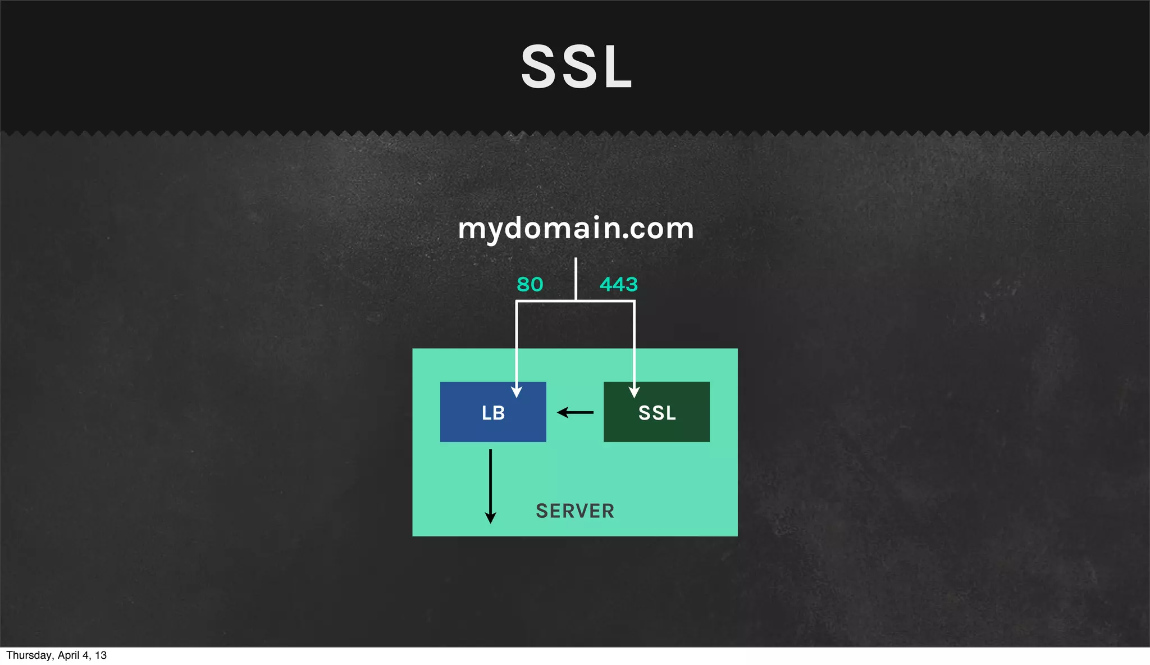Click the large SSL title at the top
(x=577, y=67)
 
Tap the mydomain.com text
(x=576, y=229)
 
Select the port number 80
(x=530, y=285)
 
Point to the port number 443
(x=618, y=285)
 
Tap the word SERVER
(x=575, y=511)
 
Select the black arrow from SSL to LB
(x=575, y=413)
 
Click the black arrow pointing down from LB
(x=490, y=483)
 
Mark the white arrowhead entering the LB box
(x=517, y=391)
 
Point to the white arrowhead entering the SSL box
(x=634, y=391)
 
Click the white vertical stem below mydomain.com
(x=576, y=278)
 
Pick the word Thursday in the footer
(x=28, y=655)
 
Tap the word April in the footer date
(x=69, y=655)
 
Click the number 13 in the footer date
(x=101, y=655)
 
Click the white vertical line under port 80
(x=517, y=343)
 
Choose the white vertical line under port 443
(x=634, y=343)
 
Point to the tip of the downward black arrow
(x=490, y=521)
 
